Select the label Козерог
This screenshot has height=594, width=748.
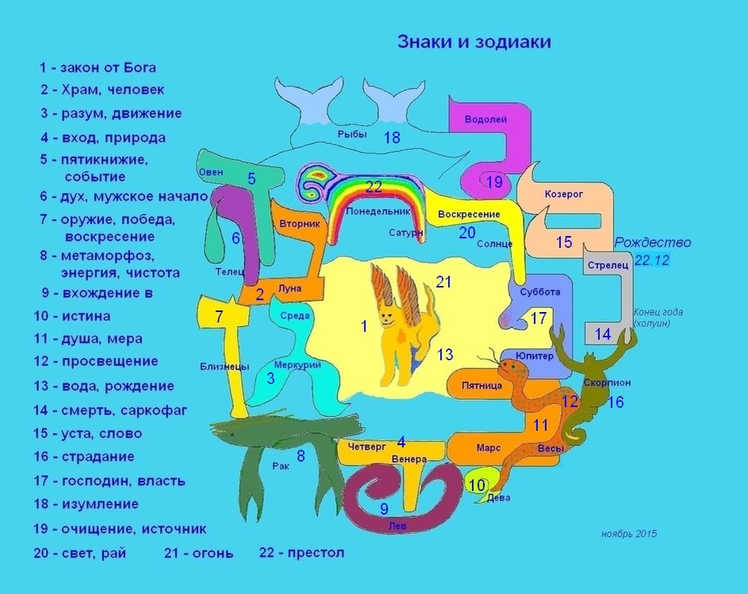(x=563, y=193)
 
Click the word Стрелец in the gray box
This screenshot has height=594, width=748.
(x=609, y=265)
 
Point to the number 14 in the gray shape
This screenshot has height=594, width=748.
(x=603, y=334)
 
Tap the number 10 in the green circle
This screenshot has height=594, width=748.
(x=476, y=485)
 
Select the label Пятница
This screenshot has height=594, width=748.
(x=482, y=386)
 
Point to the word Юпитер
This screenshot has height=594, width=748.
(x=534, y=356)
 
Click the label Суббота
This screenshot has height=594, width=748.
(x=540, y=291)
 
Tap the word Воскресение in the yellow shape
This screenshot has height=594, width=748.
(x=469, y=215)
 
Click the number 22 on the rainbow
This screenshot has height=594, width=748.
(x=374, y=187)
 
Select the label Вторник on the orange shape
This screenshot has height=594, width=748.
(x=300, y=224)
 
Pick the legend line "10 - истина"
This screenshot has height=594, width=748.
(x=76, y=316)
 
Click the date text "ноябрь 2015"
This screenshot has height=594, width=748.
(x=629, y=534)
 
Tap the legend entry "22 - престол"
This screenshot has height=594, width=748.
(x=302, y=553)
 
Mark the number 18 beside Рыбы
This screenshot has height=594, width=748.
(x=391, y=137)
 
